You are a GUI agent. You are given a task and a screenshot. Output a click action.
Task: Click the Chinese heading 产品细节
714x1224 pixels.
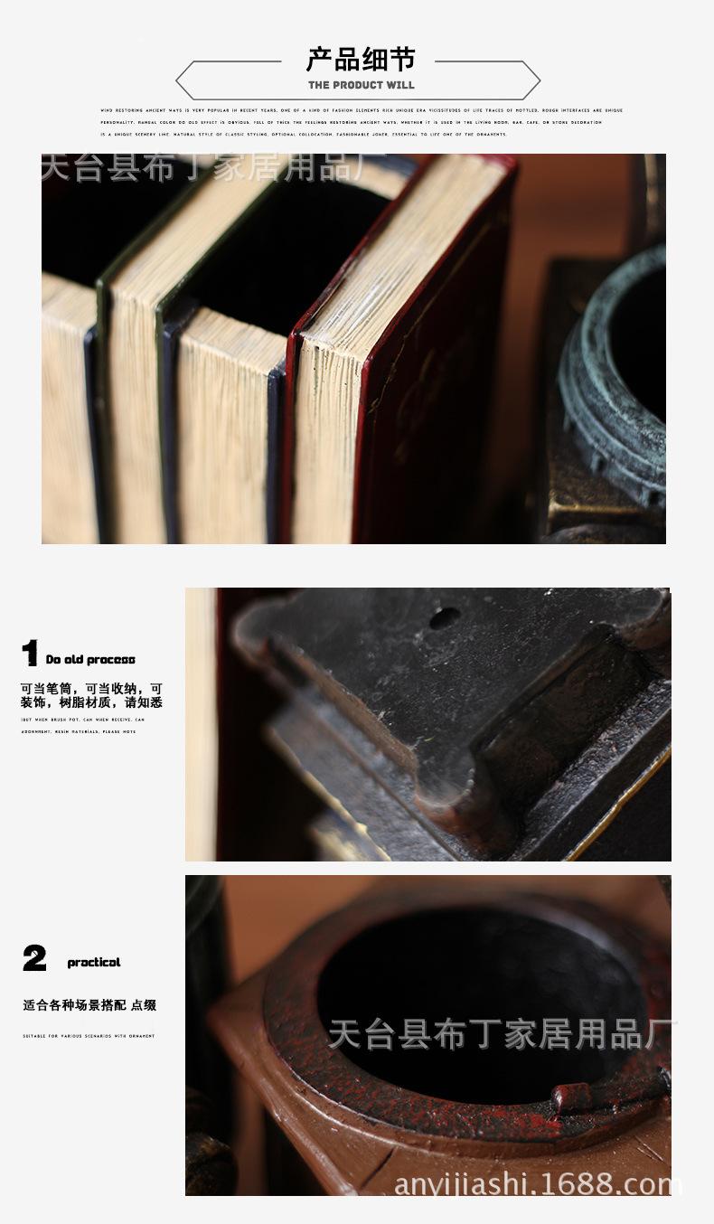[361, 60]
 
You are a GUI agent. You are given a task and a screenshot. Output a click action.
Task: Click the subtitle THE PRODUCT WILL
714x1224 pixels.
[361, 85]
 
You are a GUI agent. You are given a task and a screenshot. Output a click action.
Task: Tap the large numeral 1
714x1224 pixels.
[30, 654]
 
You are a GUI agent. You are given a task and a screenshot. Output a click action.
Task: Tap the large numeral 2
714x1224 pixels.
[34, 958]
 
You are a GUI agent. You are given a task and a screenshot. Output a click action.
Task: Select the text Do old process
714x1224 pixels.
[90, 660]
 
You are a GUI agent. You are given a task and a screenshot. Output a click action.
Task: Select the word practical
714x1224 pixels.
[94, 963]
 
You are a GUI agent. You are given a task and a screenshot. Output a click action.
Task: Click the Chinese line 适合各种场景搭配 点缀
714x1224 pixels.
[89, 1005]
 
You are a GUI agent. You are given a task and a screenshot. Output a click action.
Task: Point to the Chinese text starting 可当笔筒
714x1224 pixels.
[91, 695]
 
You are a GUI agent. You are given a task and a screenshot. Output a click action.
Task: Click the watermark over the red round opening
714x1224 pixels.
[502, 1034]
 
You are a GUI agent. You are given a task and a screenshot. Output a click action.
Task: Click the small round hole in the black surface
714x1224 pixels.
[444, 618]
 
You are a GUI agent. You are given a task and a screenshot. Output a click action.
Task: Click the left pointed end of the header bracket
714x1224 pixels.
[178, 80]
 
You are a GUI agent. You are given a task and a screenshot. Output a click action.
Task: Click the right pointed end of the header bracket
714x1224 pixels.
[539, 80]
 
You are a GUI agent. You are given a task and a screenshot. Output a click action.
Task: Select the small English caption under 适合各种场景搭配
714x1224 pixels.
[89, 1036]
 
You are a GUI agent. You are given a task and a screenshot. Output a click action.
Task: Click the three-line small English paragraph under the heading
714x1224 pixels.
[362, 122]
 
